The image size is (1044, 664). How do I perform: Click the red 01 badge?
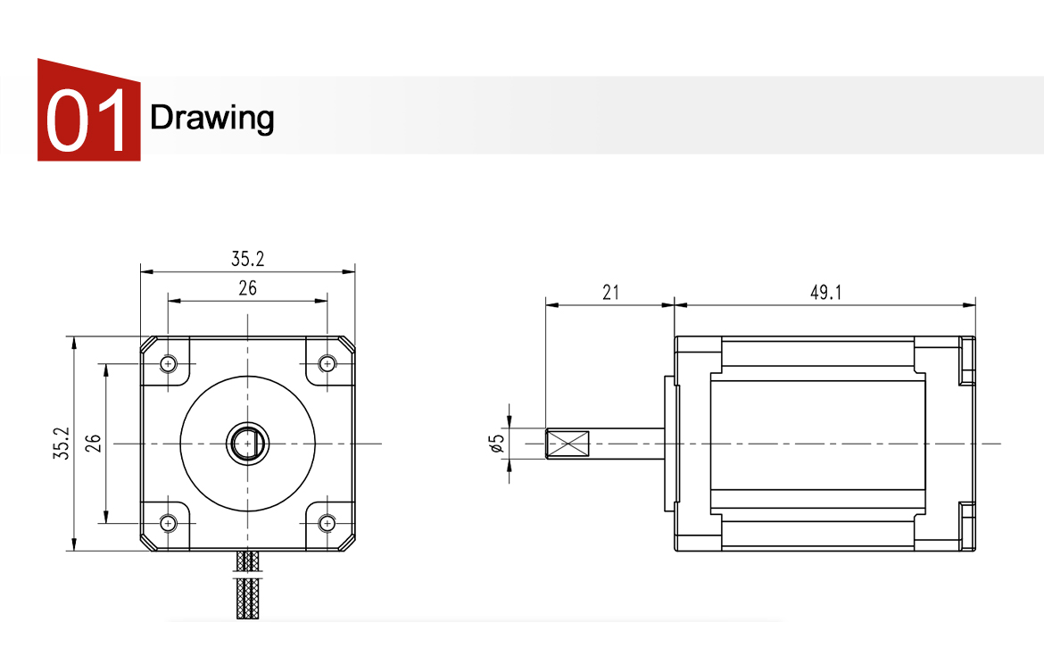coord(88,112)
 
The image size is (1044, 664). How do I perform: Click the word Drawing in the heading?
coord(211,117)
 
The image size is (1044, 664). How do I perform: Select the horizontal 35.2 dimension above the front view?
coord(247,260)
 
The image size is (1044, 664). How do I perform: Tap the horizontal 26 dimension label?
coord(247,288)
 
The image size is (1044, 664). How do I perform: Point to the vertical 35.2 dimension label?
coord(61,444)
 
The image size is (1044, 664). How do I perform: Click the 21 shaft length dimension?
coord(610,293)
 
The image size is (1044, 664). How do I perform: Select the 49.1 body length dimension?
coord(825,293)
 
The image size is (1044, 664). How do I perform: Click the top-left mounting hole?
coord(169,363)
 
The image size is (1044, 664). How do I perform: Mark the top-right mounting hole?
coord(327,363)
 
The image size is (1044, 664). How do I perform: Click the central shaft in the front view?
coord(247,443)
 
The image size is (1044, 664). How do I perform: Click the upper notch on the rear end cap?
coord(965,361)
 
